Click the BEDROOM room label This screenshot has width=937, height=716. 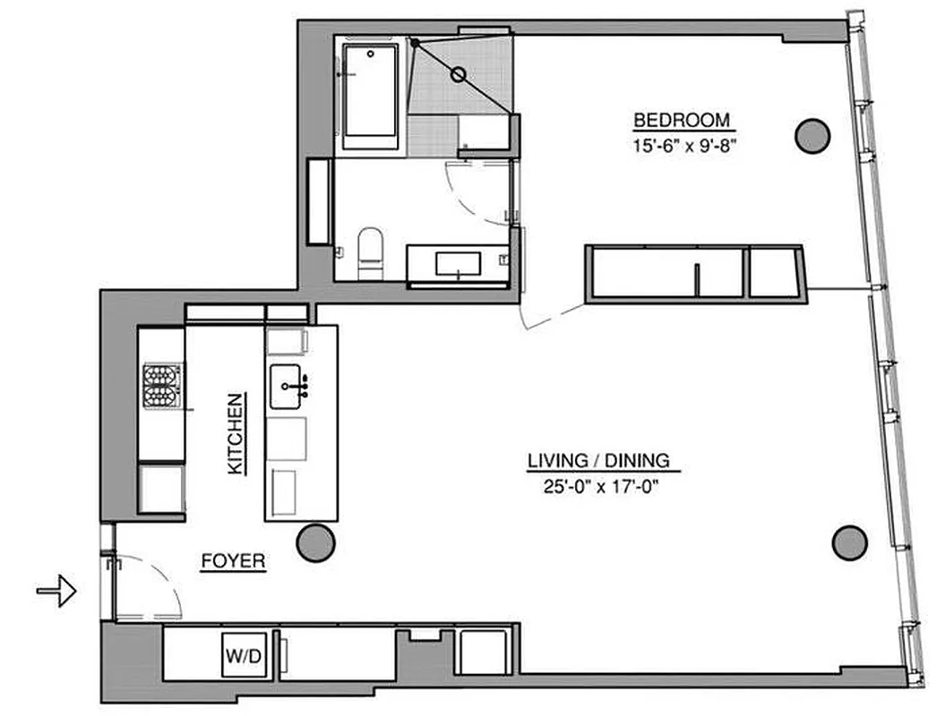(x=682, y=120)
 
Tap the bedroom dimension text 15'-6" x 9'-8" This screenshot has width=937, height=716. (x=682, y=141)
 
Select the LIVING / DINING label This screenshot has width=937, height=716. (x=597, y=461)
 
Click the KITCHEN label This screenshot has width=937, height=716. (x=235, y=434)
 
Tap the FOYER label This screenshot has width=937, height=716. (x=232, y=562)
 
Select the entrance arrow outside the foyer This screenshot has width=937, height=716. (x=56, y=591)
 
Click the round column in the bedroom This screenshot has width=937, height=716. (x=812, y=135)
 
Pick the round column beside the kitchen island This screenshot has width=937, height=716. (x=315, y=542)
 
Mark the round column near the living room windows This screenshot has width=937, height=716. (x=849, y=541)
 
